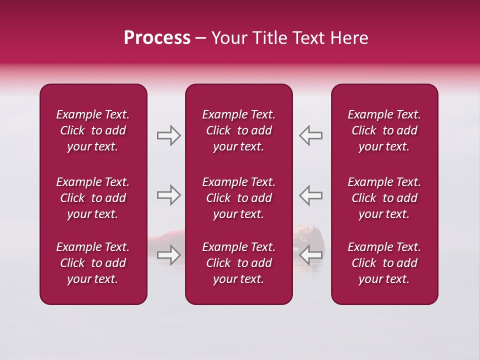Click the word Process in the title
tap(157, 38)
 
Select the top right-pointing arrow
tap(168, 135)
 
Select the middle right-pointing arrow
tap(168, 194)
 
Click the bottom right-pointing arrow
tap(168, 255)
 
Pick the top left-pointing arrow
tap(310, 135)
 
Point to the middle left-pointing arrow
tap(310, 194)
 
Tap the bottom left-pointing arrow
tap(310, 255)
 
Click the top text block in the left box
tap(93, 130)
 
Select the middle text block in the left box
tap(93, 198)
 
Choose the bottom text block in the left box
tap(93, 263)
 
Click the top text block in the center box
tap(238, 130)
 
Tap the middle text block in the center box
tap(238, 198)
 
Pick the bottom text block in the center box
tap(238, 263)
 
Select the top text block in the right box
tap(384, 130)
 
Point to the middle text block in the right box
tap(384, 198)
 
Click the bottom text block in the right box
tap(384, 263)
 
